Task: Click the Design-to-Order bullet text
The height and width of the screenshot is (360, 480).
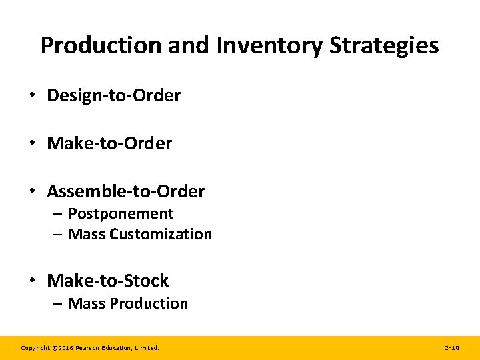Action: (x=113, y=95)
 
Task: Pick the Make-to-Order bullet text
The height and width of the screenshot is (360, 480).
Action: (x=109, y=143)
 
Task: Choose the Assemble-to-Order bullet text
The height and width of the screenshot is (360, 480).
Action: (x=125, y=192)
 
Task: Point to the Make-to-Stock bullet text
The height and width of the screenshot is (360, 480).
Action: (x=107, y=281)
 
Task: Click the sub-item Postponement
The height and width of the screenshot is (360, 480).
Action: (x=121, y=214)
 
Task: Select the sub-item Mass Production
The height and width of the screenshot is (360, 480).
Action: (x=128, y=304)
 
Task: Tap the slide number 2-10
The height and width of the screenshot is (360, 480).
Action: (x=451, y=348)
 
